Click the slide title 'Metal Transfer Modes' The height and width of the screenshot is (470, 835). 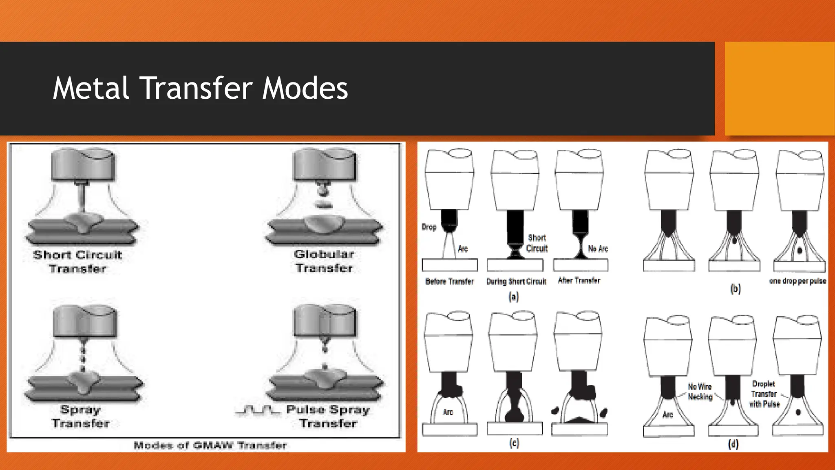click(x=200, y=88)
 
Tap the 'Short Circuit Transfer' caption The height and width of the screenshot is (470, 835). click(x=78, y=262)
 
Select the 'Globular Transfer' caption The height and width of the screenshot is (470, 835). click(x=324, y=261)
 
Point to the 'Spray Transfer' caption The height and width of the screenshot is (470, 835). click(x=81, y=417)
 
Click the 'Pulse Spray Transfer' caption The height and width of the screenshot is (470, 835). click(x=328, y=417)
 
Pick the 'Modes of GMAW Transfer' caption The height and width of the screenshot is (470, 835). click(x=210, y=445)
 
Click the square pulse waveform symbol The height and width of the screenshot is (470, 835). click(x=258, y=410)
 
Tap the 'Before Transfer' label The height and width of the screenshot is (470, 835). click(x=449, y=282)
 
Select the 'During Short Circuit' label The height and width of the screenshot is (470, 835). click(x=516, y=282)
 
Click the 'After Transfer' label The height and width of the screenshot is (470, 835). click(x=579, y=280)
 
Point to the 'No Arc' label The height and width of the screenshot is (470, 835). click(x=598, y=249)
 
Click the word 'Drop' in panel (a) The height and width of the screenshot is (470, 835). click(x=429, y=227)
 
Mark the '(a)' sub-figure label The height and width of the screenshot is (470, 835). click(x=514, y=297)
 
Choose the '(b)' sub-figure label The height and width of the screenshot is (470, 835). click(x=735, y=289)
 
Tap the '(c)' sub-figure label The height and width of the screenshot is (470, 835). click(x=515, y=443)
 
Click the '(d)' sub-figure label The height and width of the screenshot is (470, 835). click(x=733, y=444)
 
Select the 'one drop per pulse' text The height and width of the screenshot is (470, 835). click(x=797, y=281)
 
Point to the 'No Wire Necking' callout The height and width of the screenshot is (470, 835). click(x=700, y=392)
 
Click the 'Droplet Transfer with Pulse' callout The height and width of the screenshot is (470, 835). click(x=764, y=394)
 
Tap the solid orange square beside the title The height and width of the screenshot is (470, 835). click(x=780, y=89)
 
